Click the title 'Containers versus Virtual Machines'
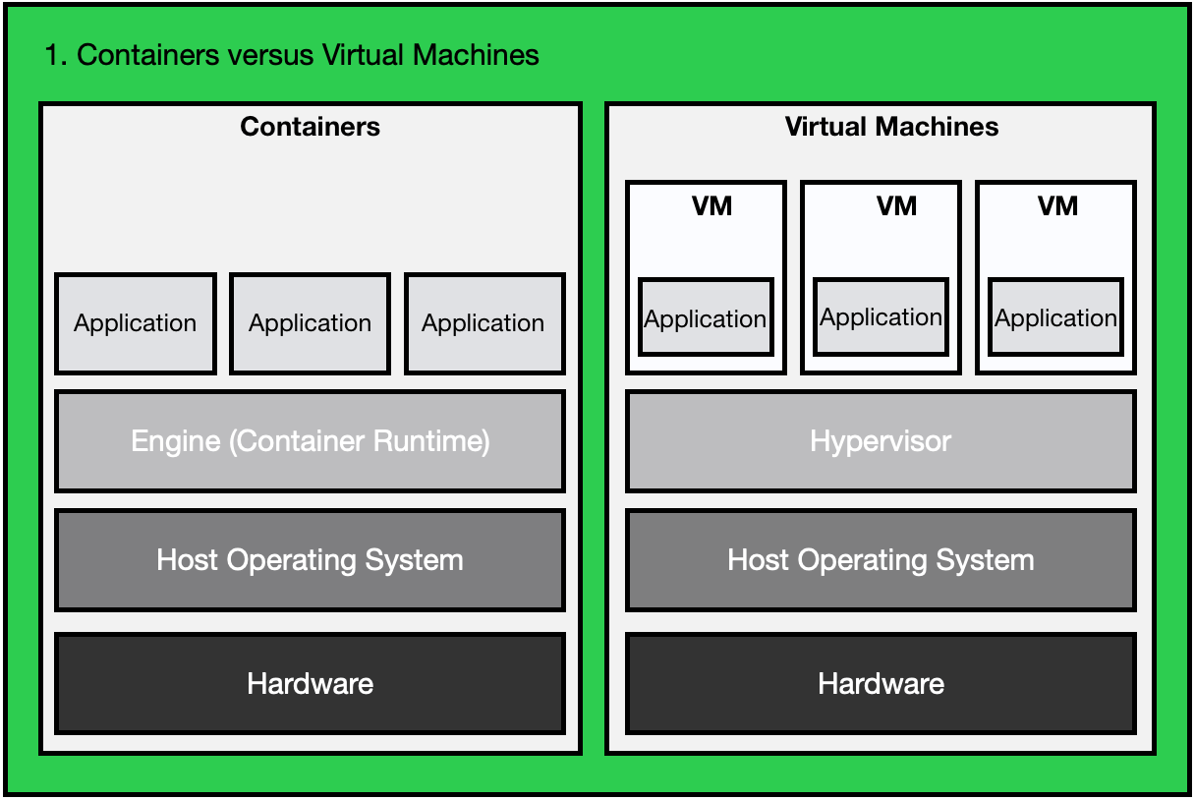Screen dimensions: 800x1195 (x=308, y=55)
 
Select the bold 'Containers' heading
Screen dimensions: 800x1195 (x=310, y=127)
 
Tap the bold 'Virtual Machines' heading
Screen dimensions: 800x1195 (x=891, y=127)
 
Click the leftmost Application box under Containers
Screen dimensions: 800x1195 (x=136, y=323)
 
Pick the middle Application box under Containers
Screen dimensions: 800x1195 (x=310, y=323)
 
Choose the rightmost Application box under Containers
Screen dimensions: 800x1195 (x=484, y=323)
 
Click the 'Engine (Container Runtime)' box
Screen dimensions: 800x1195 (x=310, y=441)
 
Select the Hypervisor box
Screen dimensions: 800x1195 (x=881, y=441)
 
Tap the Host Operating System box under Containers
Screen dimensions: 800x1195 (x=310, y=560)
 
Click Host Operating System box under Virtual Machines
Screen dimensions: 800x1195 (x=881, y=560)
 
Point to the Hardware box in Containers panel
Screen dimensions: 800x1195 (x=310, y=683)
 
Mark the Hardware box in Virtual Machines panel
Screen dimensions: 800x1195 (x=881, y=683)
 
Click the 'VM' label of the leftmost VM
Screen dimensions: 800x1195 (x=712, y=206)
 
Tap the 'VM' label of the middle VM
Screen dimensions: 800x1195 (x=896, y=206)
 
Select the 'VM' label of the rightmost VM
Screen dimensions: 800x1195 (x=1057, y=206)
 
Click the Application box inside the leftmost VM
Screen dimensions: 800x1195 (x=706, y=317)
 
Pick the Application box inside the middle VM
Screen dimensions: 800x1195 (x=881, y=316)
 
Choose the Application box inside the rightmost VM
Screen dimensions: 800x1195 (x=1055, y=317)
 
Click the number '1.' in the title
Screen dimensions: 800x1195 (x=56, y=55)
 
